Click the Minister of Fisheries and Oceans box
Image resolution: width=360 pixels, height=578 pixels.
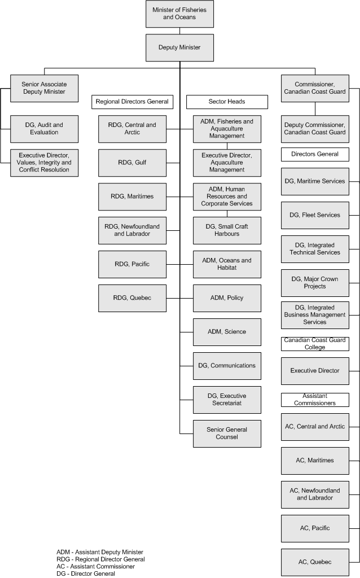179,14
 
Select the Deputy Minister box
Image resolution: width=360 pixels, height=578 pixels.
179,47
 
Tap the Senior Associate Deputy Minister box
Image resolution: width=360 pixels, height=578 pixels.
44,87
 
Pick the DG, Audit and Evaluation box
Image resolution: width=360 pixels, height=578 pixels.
44,129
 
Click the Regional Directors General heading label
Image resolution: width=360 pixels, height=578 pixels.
132,102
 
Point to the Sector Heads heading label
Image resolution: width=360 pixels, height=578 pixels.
219,102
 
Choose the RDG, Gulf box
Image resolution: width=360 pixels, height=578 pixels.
132,163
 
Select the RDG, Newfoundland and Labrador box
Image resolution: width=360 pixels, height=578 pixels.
132,230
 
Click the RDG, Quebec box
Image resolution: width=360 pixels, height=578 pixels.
132,298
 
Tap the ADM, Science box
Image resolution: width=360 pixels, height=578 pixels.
227,332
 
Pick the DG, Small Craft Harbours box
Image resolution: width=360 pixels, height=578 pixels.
227,230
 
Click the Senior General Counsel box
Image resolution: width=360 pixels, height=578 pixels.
227,433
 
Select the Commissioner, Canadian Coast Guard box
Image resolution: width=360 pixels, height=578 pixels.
315,87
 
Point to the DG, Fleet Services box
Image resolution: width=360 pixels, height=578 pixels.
315,215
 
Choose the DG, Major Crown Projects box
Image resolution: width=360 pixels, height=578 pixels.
315,283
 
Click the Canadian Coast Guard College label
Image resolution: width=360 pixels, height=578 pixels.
315,344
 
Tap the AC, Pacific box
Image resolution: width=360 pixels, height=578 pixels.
315,528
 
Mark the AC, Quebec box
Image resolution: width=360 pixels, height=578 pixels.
315,562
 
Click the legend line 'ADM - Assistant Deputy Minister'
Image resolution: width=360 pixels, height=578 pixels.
100,552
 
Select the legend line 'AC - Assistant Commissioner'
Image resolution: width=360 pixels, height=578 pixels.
95,567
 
